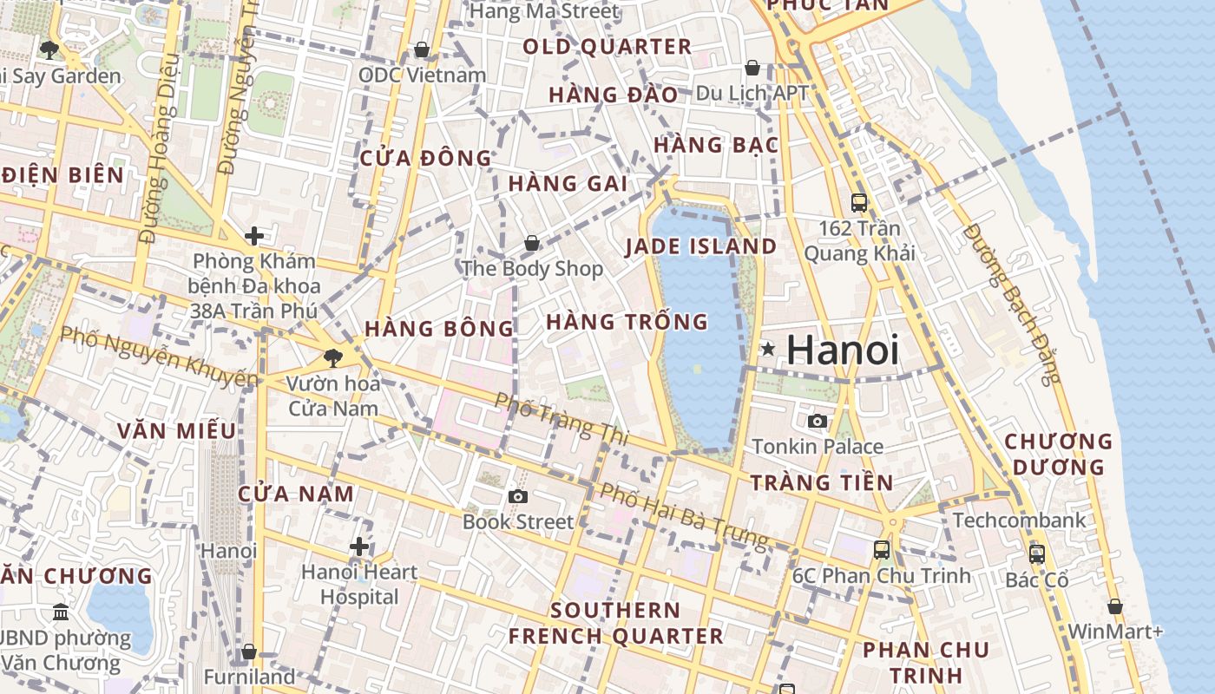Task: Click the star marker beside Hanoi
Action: (767, 350)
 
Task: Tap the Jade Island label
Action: (701, 246)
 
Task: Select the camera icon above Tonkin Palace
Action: (817, 422)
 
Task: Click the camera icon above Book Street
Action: (518, 496)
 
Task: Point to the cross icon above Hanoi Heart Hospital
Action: (359, 547)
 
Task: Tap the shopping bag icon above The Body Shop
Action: (531, 244)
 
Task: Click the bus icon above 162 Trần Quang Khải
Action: (859, 203)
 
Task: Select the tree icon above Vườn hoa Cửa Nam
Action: (332, 357)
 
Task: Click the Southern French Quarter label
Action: (615, 623)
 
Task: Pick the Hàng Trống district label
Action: (627, 322)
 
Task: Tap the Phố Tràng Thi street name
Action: (562, 419)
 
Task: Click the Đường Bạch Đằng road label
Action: (1012, 304)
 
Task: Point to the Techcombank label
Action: (1019, 520)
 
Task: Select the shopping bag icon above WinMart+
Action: (1115, 606)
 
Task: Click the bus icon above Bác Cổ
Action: (1036, 553)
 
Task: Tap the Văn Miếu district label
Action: (176, 431)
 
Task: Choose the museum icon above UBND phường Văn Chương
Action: (61, 612)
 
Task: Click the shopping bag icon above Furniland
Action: (249, 651)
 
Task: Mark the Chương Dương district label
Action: (1058, 455)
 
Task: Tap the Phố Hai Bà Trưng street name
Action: (685, 516)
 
